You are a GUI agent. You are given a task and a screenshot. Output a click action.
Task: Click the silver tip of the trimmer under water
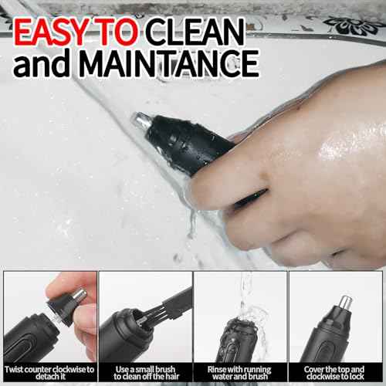tap(141, 120)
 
